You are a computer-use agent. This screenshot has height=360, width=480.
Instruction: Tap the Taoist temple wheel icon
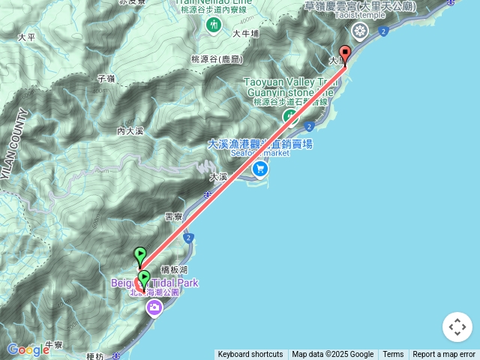click(x=361, y=31)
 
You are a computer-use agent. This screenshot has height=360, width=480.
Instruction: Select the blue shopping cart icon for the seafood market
click(x=259, y=169)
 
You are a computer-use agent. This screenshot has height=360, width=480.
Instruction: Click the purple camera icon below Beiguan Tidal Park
click(x=154, y=308)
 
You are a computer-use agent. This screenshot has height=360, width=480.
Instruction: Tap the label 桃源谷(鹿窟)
click(x=216, y=58)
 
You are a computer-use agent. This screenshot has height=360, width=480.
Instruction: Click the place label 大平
click(x=26, y=36)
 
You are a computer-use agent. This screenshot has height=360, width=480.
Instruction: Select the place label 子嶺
click(x=105, y=78)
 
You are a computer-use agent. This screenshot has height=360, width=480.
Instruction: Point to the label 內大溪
click(x=129, y=130)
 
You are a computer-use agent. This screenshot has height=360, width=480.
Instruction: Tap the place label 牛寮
click(x=53, y=345)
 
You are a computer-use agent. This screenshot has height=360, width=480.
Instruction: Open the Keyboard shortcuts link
click(x=250, y=355)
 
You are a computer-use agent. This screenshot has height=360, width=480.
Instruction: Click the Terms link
click(x=393, y=355)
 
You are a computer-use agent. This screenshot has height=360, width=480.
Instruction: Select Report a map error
click(x=444, y=355)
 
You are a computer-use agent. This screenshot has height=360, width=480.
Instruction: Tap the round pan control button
click(x=457, y=327)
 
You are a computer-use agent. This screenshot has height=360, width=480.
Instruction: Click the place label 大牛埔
click(x=245, y=34)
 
